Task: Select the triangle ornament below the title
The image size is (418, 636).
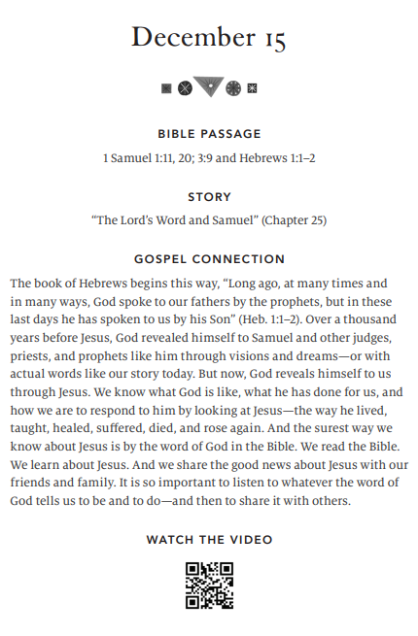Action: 208,86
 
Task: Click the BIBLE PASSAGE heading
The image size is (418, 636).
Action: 209,134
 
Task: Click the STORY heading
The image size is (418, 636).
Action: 209,197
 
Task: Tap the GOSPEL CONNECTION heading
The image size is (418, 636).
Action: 209,259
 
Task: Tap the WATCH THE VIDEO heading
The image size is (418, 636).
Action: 209,539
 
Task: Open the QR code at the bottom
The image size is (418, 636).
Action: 209,586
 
